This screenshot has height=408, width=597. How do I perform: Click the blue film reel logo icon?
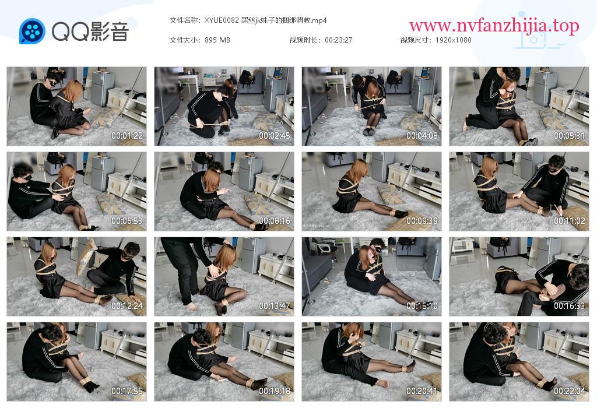click(x=32, y=31)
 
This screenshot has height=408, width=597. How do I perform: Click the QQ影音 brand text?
click(x=90, y=31)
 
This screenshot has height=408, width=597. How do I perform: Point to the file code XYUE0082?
click(x=222, y=20)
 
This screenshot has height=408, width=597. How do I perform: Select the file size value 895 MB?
click(x=217, y=40)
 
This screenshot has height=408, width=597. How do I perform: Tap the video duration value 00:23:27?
click(x=339, y=40)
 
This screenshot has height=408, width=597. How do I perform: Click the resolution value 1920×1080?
click(x=454, y=40)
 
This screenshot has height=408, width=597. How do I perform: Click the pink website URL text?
click(x=494, y=26)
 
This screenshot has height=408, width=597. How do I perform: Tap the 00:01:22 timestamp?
click(x=127, y=135)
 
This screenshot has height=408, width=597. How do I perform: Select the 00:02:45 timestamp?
click(x=275, y=135)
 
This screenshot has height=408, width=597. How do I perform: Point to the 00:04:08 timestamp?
click(x=422, y=135)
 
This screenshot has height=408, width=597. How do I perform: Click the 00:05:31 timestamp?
click(x=569, y=135)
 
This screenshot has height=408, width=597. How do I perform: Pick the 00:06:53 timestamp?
click(x=127, y=221)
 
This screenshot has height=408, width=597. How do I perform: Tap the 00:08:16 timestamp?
click(x=275, y=221)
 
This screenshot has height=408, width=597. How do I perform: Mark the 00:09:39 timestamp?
click(x=422, y=221)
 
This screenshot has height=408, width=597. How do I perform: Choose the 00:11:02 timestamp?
click(x=569, y=221)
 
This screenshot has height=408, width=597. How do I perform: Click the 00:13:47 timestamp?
click(x=275, y=305)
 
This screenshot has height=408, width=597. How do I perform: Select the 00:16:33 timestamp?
click(x=569, y=305)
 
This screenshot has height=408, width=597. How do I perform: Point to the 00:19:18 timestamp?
click(x=275, y=391)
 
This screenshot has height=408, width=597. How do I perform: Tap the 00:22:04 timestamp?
click(x=569, y=391)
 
